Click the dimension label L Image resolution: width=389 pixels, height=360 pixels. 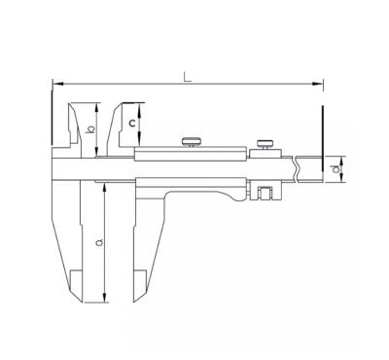pyautogui.click(x=188, y=77)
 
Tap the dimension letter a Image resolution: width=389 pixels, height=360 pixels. pyautogui.click(x=99, y=242)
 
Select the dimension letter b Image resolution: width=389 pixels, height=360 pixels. pyautogui.click(x=91, y=129)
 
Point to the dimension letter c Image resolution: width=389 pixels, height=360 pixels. pyautogui.click(x=132, y=124)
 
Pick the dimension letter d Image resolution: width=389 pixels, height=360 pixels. pyautogui.click(x=336, y=168)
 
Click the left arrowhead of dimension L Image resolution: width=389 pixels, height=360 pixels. pyautogui.click(x=57, y=84)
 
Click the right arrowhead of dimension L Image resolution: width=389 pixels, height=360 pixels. pyautogui.click(x=318, y=84)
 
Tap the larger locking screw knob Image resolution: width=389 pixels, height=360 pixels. pyautogui.click(x=192, y=141)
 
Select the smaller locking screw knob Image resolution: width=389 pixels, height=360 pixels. pyautogui.click(x=265, y=143)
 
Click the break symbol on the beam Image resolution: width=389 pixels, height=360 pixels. pyautogui.click(x=296, y=168)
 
